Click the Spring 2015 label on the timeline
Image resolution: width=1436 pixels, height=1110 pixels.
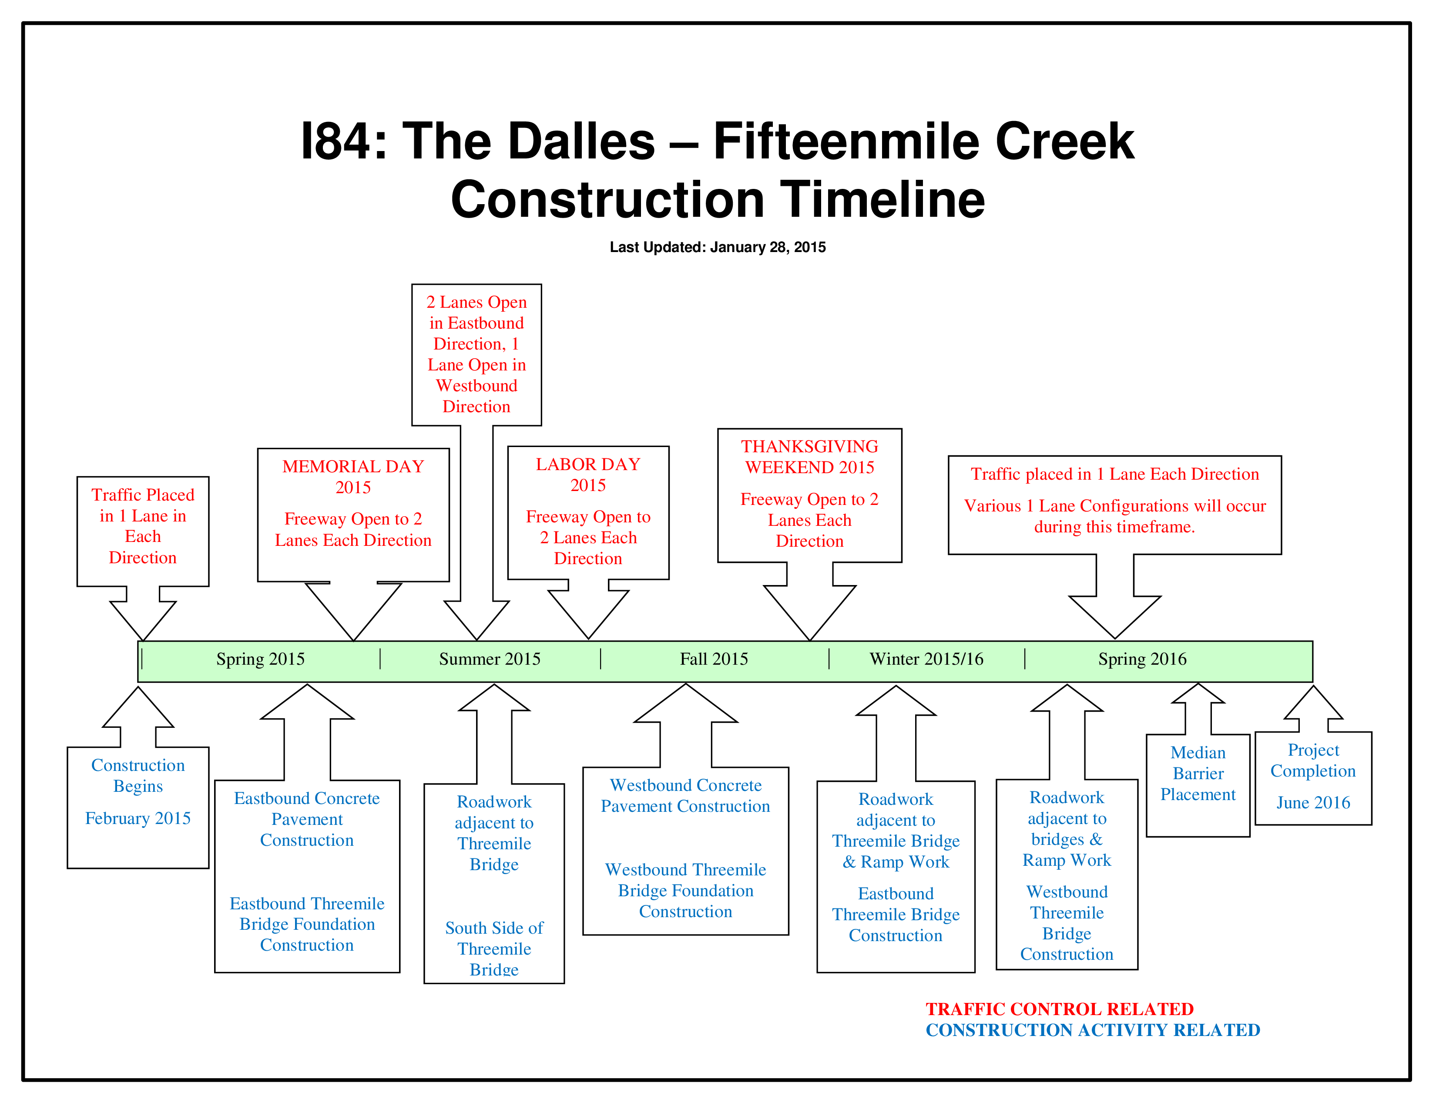coord(260,659)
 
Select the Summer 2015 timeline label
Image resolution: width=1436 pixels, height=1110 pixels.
coord(490,659)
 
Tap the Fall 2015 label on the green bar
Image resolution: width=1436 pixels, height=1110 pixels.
coord(714,659)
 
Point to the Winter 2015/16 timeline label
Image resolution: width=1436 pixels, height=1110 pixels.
coord(926,659)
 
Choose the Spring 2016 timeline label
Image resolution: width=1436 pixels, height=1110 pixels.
coord(1143,659)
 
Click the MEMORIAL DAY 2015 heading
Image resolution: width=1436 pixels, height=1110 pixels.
coord(353,477)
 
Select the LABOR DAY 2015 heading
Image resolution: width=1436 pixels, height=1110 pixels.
coord(588,475)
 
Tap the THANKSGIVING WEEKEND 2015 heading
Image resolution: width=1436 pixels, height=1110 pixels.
coord(809,457)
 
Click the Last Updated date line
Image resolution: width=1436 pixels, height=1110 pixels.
coord(717,247)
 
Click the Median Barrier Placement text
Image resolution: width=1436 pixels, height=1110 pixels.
coord(1198,774)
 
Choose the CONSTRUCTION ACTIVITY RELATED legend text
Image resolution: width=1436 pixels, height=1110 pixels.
coord(1093,1030)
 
